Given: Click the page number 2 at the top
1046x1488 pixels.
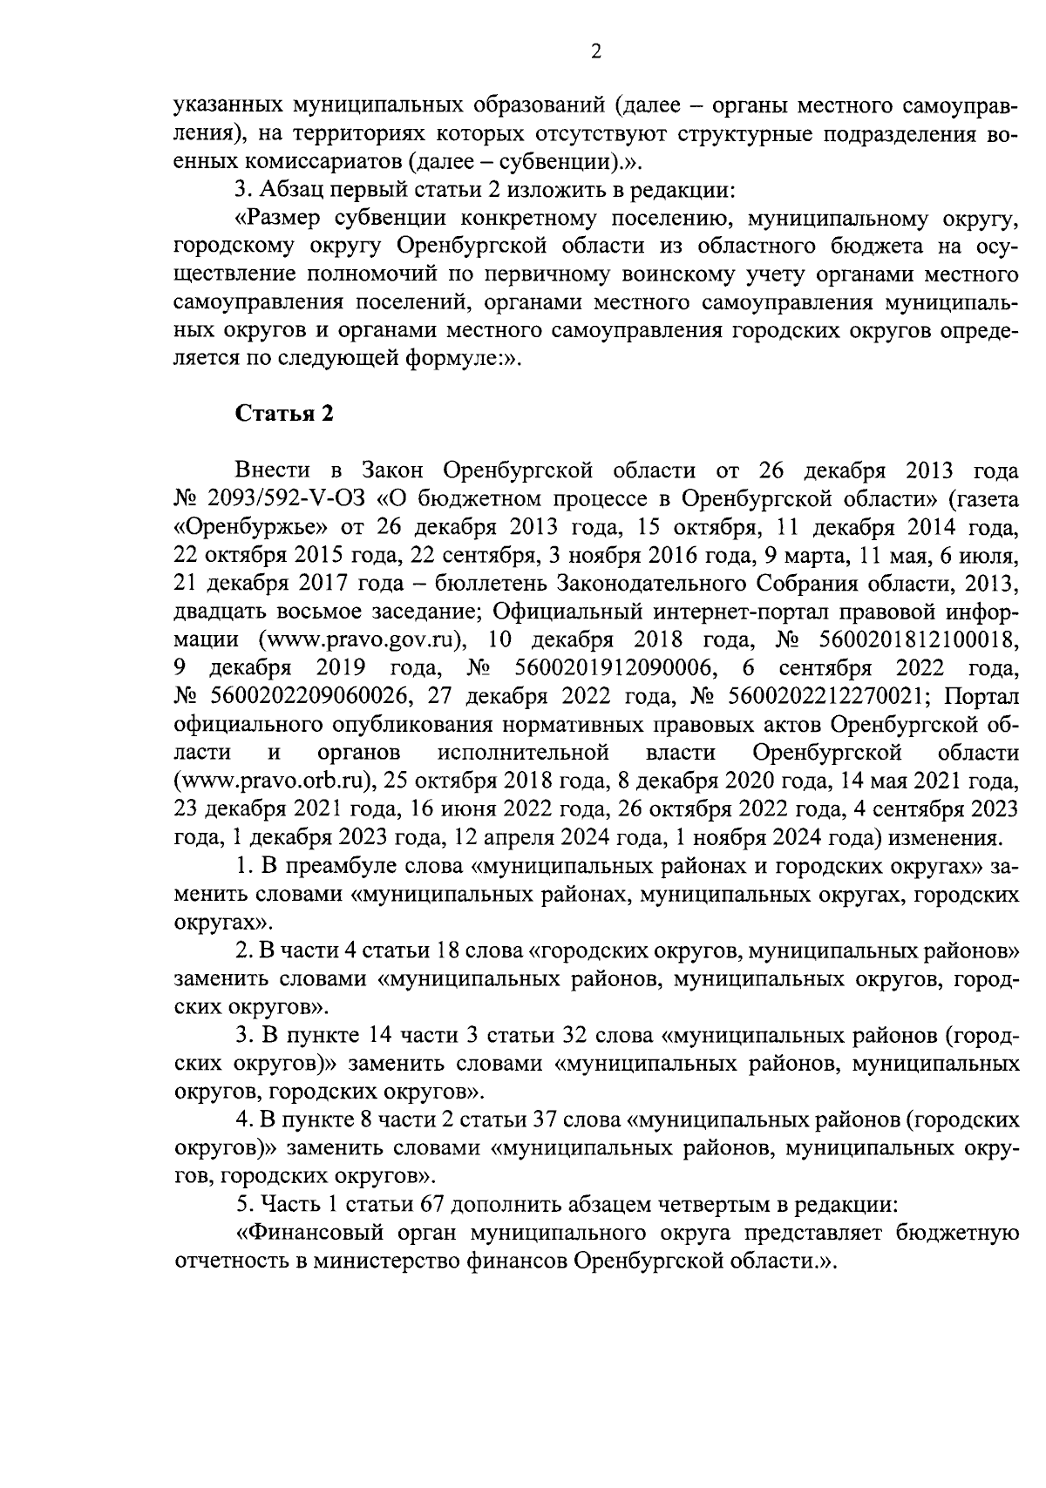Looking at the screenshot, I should click(x=596, y=52).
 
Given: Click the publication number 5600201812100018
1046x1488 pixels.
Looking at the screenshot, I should click(x=919, y=639).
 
